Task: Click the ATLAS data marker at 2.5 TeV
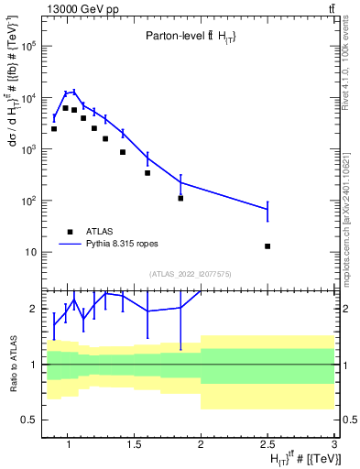pos(267,245)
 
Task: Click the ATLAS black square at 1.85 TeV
pos(180,198)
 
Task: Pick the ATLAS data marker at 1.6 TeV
pos(147,172)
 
